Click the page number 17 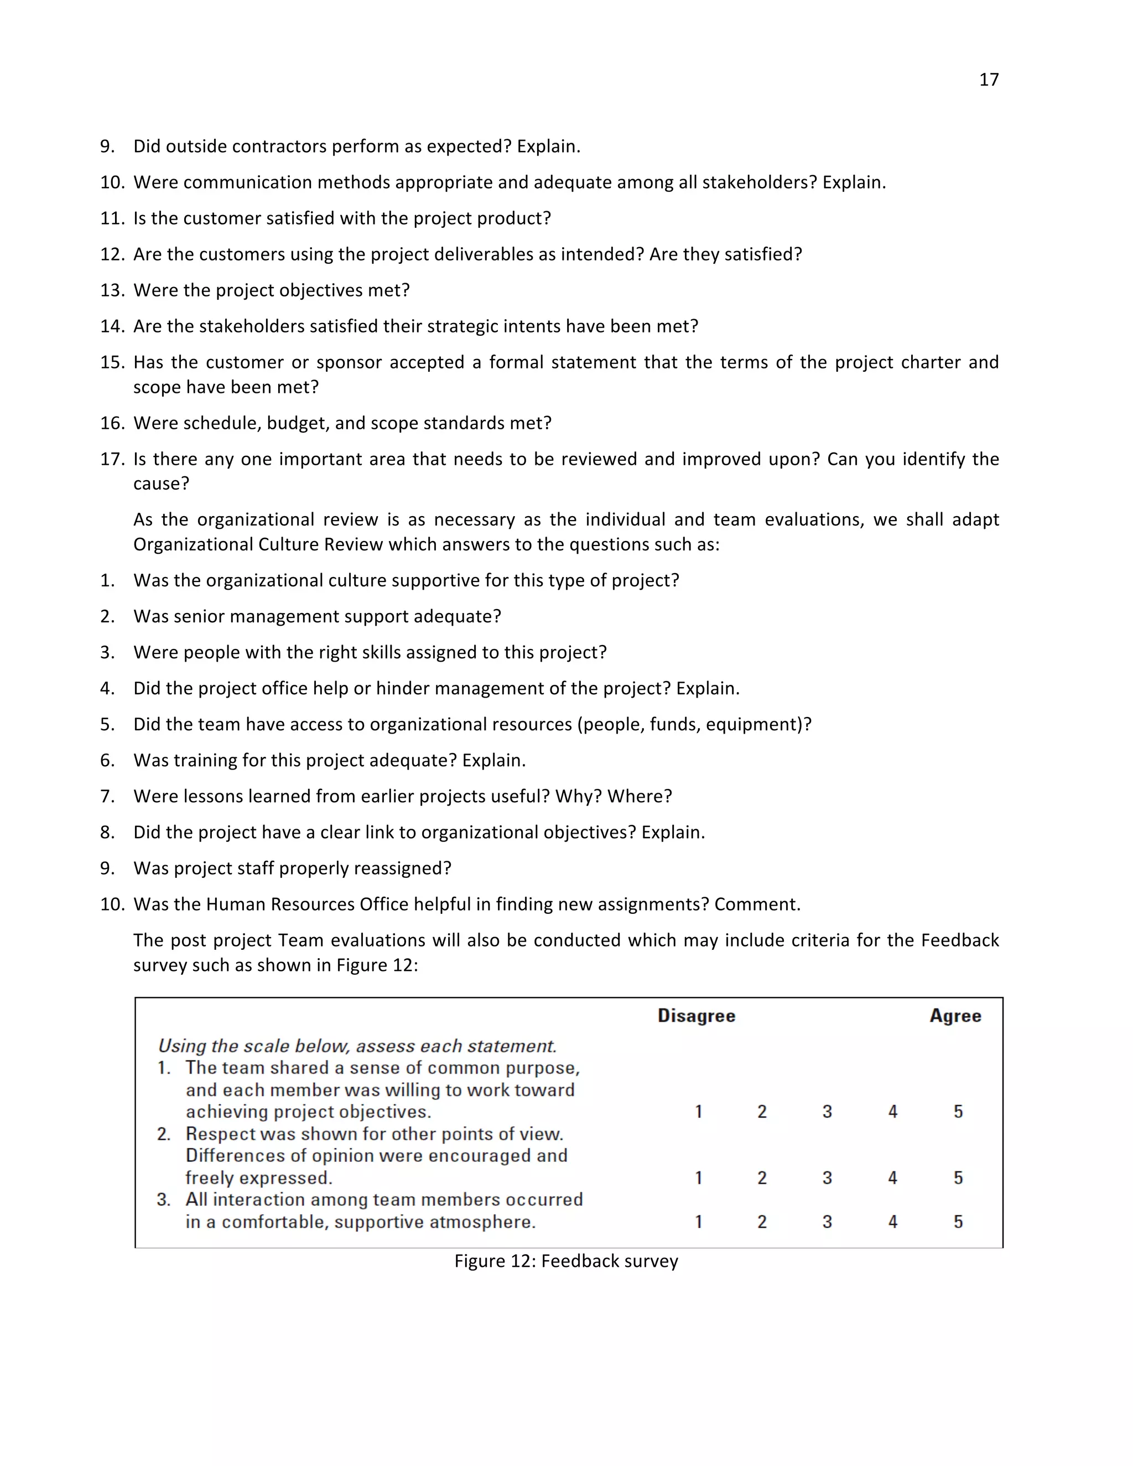988,80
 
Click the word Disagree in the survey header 696,1016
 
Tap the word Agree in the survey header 954,1016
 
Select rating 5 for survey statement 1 958,1111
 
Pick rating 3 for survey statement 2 827,1177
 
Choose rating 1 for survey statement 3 698,1221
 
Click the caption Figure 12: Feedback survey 566,1261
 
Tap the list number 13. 112,290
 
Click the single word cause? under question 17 161,484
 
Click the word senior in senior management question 199,616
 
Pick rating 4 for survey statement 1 892,1111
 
